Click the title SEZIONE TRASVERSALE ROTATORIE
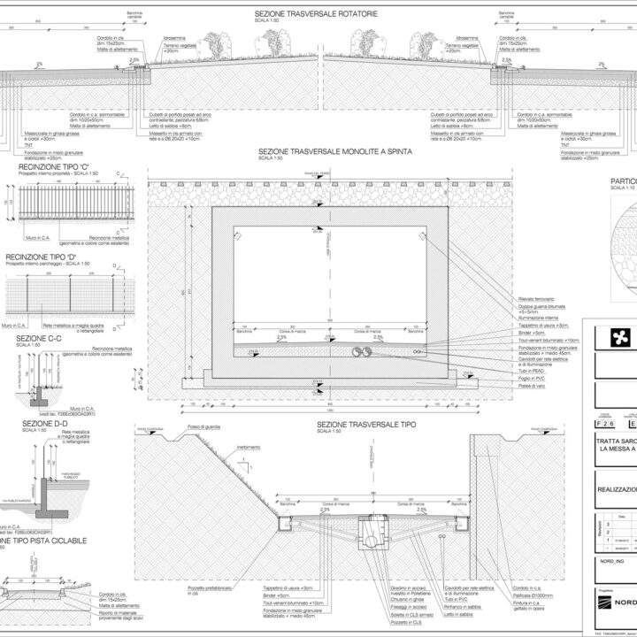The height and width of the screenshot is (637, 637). (318, 15)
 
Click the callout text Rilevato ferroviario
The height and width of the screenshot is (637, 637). (536, 302)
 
